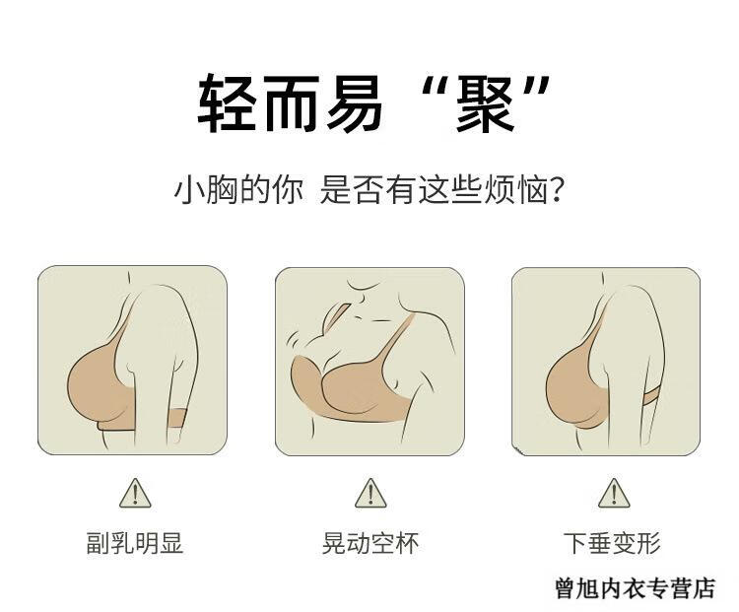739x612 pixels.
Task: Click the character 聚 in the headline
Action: tap(485, 104)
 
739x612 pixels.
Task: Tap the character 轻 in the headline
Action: tap(227, 104)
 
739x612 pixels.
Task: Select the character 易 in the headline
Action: tap(355, 104)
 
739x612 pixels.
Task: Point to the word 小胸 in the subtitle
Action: tap(206, 190)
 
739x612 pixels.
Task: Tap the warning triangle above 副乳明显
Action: tap(135, 493)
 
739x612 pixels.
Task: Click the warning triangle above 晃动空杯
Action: tap(370, 493)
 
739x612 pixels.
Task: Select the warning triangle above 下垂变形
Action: tap(614, 493)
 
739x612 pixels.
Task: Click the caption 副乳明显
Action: tap(135, 543)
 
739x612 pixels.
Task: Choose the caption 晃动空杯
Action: tap(370, 543)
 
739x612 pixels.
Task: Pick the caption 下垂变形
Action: tap(612, 543)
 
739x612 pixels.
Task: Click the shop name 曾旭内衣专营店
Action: tap(635, 588)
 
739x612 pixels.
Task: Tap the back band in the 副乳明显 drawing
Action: tap(177, 418)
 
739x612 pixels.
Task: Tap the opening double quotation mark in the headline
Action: tap(432, 88)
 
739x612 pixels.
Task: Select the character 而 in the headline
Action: tap(291, 104)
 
